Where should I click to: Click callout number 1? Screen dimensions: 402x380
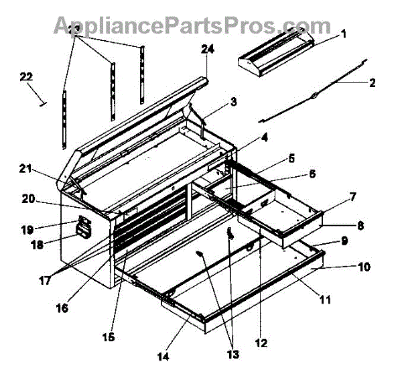coord(343,34)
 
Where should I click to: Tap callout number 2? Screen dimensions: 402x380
coord(372,84)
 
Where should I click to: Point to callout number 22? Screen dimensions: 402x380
coord(26,78)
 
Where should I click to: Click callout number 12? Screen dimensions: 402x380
coord(261,343)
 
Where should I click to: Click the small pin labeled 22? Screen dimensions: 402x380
coord(42,103)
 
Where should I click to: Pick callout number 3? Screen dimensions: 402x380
coord(232,102)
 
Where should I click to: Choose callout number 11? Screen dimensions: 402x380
coord(324,300)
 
